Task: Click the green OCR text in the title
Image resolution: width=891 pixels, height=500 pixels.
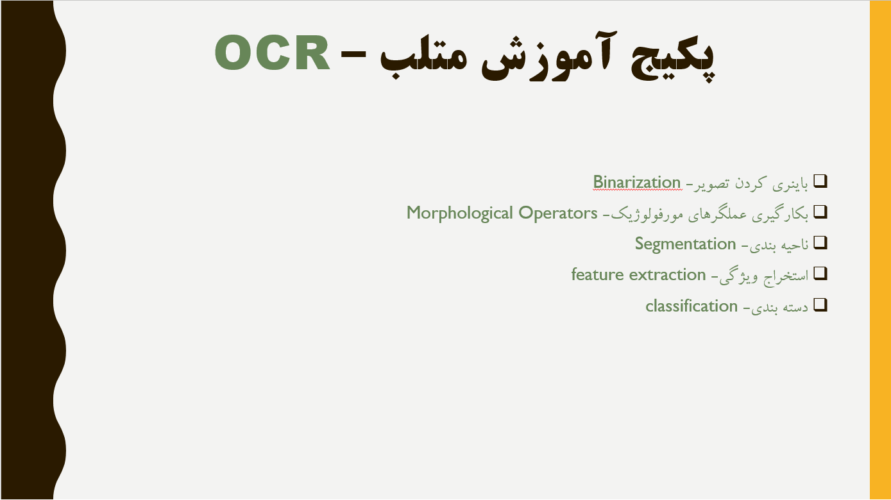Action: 272,53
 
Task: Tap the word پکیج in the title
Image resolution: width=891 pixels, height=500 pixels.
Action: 673,58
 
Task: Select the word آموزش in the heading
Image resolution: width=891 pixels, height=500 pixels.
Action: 549,56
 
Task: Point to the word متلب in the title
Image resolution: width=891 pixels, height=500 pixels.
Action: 423,58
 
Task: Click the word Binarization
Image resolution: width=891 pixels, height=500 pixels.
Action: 637,183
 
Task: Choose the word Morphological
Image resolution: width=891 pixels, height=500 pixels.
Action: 459,213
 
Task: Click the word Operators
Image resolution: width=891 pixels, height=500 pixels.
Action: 557,213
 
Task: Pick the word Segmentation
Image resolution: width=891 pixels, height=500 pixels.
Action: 685,244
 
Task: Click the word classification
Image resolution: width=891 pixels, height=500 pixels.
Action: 692,306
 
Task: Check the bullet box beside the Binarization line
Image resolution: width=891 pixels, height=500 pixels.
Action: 820,181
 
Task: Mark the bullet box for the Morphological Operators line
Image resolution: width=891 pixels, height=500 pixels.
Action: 820,212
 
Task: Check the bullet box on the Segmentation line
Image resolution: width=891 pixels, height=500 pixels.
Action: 820,242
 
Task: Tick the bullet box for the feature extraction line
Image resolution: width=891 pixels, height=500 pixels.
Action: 820,274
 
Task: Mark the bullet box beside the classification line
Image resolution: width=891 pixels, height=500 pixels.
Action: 820,305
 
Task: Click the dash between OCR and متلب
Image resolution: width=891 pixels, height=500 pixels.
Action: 353,55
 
